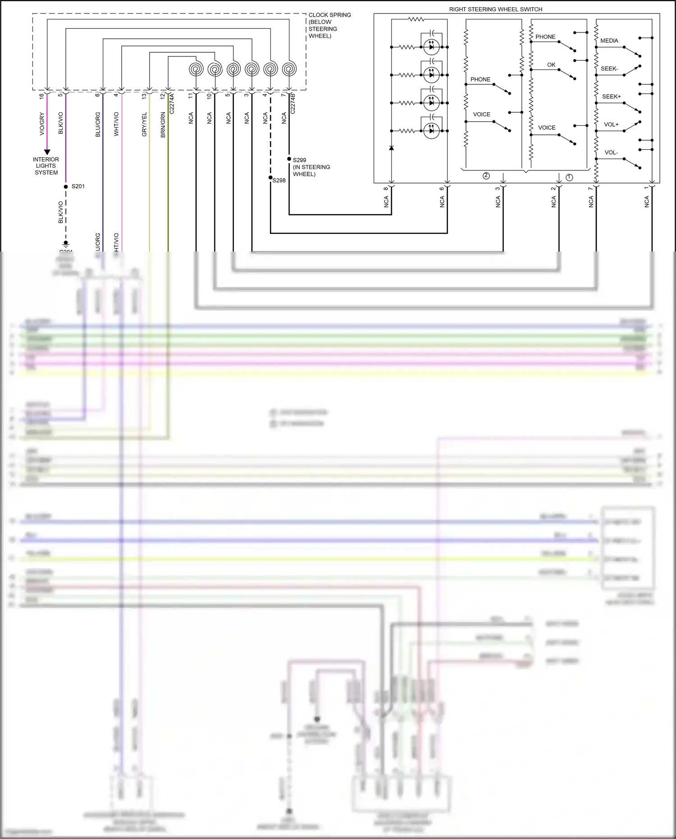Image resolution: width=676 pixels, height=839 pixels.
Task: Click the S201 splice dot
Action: pos(66,186)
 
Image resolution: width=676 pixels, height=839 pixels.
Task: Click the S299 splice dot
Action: pos(289,159)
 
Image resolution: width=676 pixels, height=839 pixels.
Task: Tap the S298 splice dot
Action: pos(270,178)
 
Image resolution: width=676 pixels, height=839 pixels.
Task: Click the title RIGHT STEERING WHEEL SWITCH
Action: pos(495,9)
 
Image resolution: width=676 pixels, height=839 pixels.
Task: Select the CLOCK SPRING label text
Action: pos(329,15)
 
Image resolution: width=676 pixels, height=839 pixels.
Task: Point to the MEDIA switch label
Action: pos(609,41)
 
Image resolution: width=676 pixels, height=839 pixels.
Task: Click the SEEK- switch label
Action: pos(609,69)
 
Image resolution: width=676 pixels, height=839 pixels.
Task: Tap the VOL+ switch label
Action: pos(611,124)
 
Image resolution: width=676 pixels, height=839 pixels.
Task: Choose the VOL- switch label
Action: pos(611,152)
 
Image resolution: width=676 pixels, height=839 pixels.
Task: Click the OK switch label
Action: pos(551,65)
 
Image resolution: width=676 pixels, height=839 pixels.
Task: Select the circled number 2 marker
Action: pos(486,176)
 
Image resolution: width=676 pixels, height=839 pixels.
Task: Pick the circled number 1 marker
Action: pos(569,177)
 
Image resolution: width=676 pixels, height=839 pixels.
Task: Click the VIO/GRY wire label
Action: pos(42,124)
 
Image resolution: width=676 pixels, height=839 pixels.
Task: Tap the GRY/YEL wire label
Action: pos(144,124)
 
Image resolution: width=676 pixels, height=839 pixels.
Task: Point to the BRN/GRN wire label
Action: pos(163,124)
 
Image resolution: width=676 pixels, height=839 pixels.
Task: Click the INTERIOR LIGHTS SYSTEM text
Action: pos(46,166)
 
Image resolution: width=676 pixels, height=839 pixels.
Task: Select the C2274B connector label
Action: pos(292,103)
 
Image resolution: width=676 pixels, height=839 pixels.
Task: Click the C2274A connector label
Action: pos(172,103)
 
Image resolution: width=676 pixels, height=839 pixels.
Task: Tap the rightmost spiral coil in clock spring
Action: pos(289,69)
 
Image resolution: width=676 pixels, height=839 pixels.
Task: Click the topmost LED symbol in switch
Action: pos(431,47)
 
